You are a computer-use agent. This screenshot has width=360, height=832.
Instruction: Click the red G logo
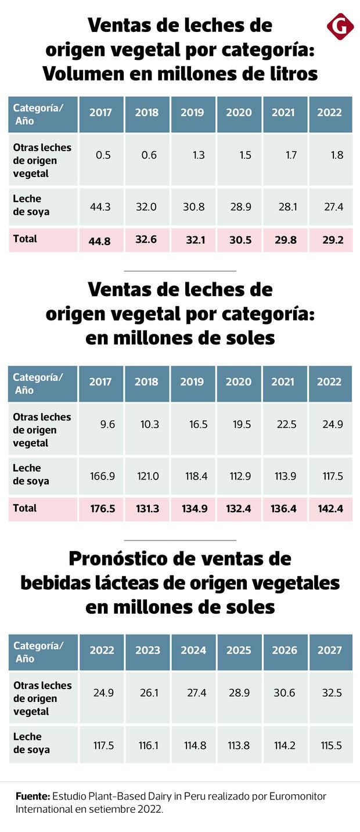tap(340, 26)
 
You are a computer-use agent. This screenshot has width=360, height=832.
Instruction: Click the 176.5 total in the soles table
tap(103, 509)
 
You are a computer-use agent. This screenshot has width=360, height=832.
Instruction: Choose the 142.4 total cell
tap(330, 509)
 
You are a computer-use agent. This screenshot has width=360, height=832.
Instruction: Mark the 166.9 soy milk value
tap(103, 476)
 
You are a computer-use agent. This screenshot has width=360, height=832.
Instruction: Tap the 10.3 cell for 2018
tap(149, 424)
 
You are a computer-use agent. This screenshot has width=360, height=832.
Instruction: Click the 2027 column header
tap(330, 650)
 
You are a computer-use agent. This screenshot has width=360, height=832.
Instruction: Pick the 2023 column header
tap(147, 650)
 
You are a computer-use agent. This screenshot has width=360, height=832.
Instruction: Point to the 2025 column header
tap(239, 650)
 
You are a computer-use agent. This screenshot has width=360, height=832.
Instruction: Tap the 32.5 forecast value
tap(331, 693)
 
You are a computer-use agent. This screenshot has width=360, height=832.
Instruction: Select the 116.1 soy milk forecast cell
tap(148, 745)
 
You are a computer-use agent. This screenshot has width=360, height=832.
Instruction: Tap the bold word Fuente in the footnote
tap(32, 796)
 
